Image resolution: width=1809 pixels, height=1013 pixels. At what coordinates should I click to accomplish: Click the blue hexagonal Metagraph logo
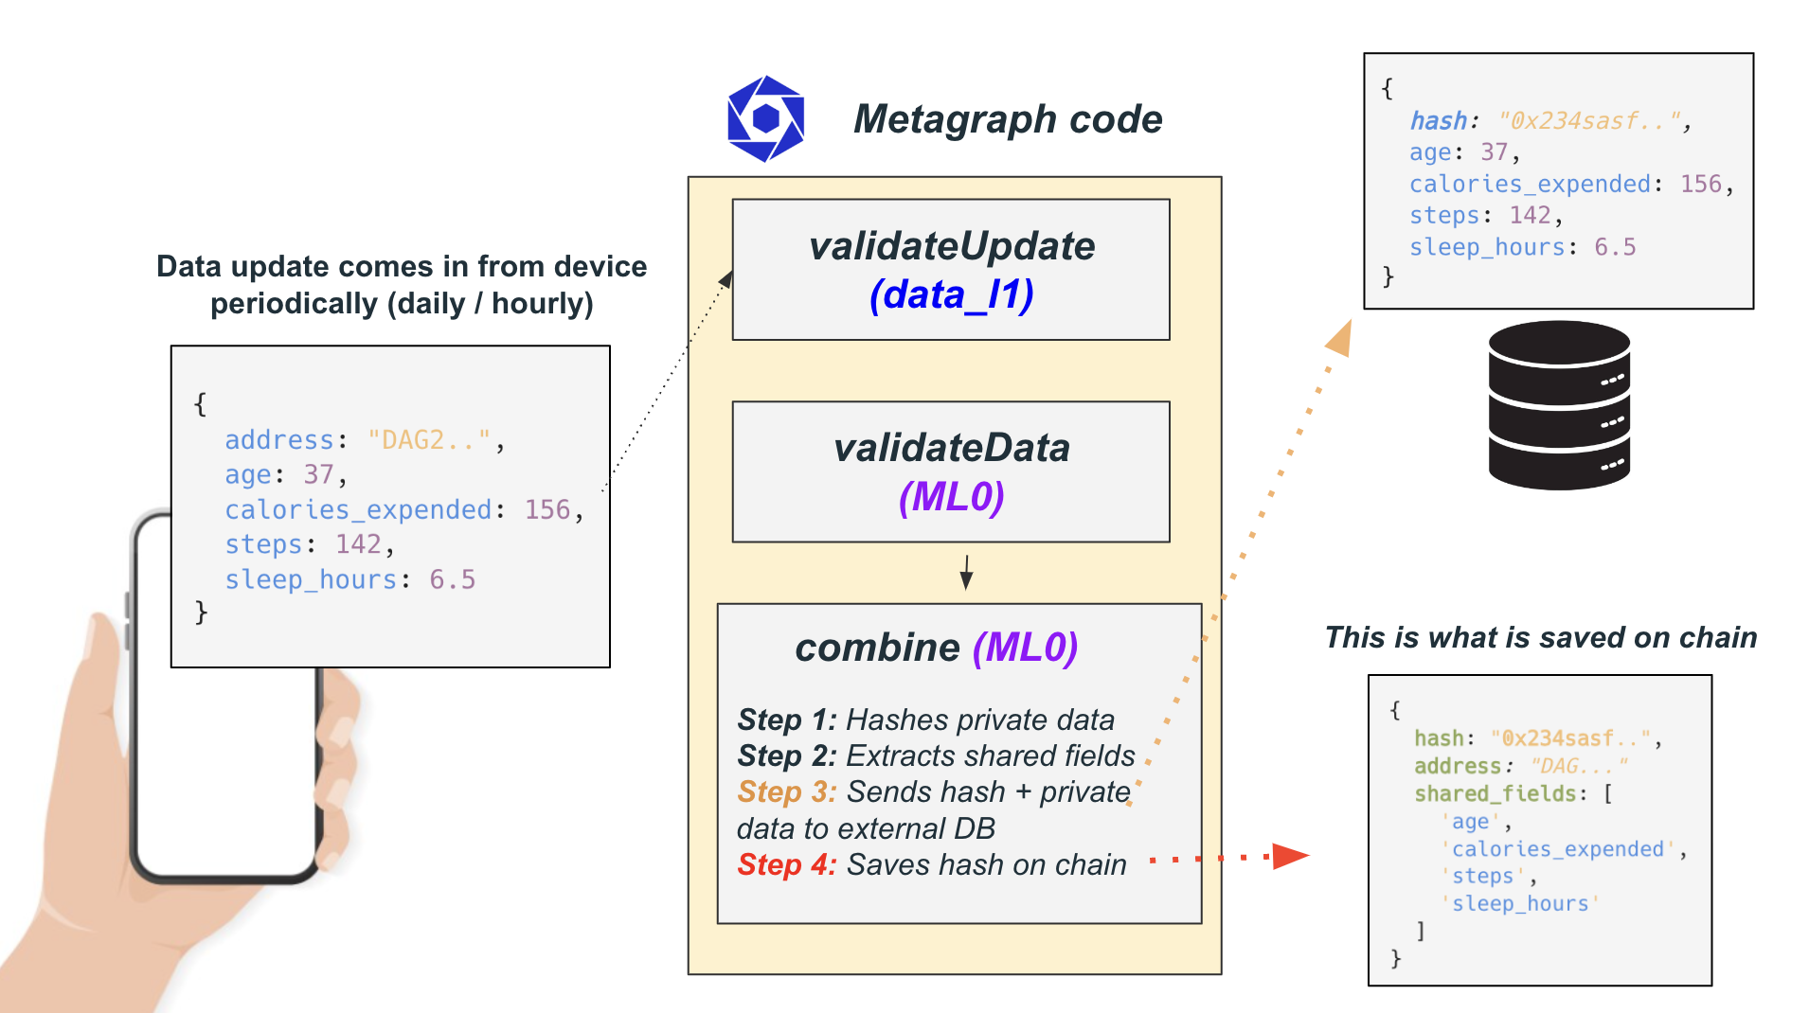pyautogui.click(x=765, y=118)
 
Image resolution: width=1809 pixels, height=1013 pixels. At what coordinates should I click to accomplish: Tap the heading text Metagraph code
pyautogui.click(x=1008, y=119)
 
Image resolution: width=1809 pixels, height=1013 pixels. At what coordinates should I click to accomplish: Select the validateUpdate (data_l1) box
pyautogui.click(x=951, y=270)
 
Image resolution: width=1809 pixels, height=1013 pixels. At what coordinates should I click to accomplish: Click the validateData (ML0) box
pyautogui.click(x=951, y=471)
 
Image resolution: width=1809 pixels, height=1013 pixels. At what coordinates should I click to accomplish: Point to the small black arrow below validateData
pyautogui.click(x=966, y=573)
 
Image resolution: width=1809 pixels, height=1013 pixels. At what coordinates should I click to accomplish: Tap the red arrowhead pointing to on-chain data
pyautogui.click(x=1289, y=857)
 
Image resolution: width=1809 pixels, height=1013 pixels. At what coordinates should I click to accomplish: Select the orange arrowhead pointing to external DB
pyautogui.click(x=1340, y=338)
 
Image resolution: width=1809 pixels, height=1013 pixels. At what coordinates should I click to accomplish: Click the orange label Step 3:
pyautogui.click(x=786, y=792)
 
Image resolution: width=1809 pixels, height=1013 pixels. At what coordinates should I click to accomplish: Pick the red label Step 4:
pyautogui.click(x=786, y=865)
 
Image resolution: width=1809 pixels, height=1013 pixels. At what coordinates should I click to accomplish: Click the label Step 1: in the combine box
pyautogui.click(x=786, y=720)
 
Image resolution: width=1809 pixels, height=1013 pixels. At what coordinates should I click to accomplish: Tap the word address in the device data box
pyautogui.click(x=279, y=440)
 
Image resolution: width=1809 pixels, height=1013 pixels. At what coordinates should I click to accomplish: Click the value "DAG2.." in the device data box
pyautogui.click(x=429, y=440)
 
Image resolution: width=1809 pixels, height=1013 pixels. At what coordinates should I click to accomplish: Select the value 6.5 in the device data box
pyautogui.click(x=453, y=579)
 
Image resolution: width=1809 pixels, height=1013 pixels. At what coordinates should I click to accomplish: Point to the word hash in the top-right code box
pyautogui.click(x=1438, y=121)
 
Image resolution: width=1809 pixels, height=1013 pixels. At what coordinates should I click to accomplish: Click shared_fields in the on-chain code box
pyautogui.click(x=1494, y=793)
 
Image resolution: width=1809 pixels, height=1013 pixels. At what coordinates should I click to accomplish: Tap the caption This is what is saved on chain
pyautogui.click(x=1540, y=638)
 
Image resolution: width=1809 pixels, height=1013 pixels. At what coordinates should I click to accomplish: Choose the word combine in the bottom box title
pyautogui.click(x=877, y=649)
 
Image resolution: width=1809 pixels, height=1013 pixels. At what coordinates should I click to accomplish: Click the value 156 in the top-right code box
pyautogui.click(x=1700, y=184)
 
